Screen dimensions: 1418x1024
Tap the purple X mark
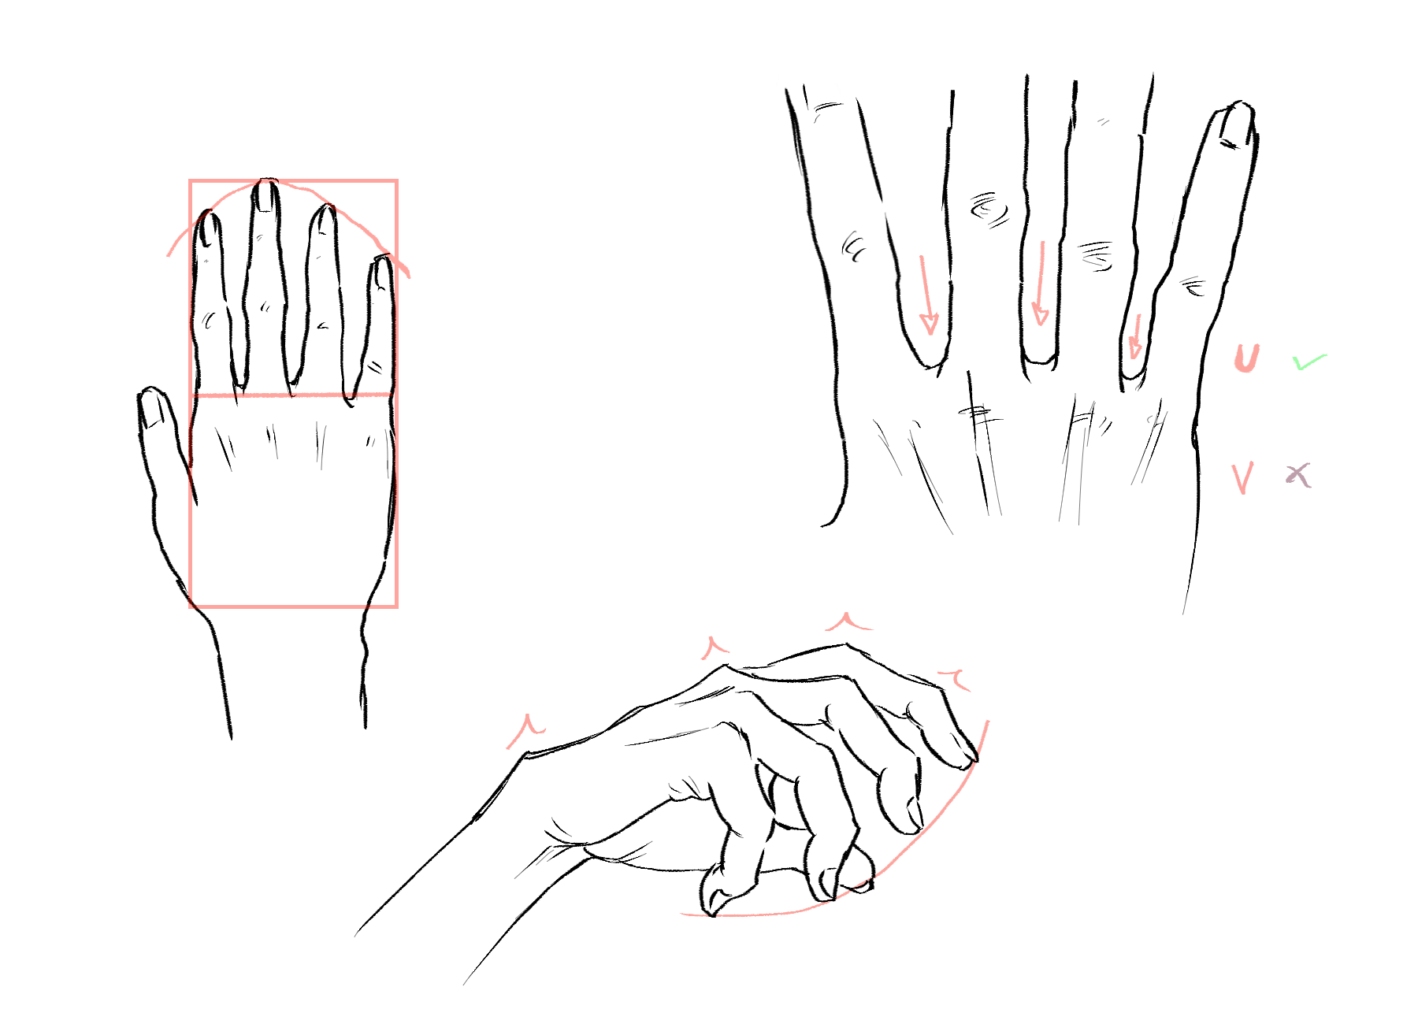tap(1298, 475)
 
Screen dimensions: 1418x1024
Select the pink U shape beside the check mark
tap(1246, 359)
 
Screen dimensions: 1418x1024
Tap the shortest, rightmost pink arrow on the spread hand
tap(1135, 336)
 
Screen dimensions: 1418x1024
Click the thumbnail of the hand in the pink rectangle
tap(154, 410)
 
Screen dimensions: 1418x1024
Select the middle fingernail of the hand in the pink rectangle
tap(265, 195)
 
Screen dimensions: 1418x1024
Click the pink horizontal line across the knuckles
tap(293, 395)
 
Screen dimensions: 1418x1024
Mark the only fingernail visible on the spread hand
tap(1236, 126)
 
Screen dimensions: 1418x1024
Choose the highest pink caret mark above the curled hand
tap(847, 621)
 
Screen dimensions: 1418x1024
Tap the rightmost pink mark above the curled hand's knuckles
tap(956, 678)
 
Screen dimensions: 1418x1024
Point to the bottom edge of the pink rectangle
tap(293, 606)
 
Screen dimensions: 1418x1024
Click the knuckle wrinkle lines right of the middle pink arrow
tap(1096, 256)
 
